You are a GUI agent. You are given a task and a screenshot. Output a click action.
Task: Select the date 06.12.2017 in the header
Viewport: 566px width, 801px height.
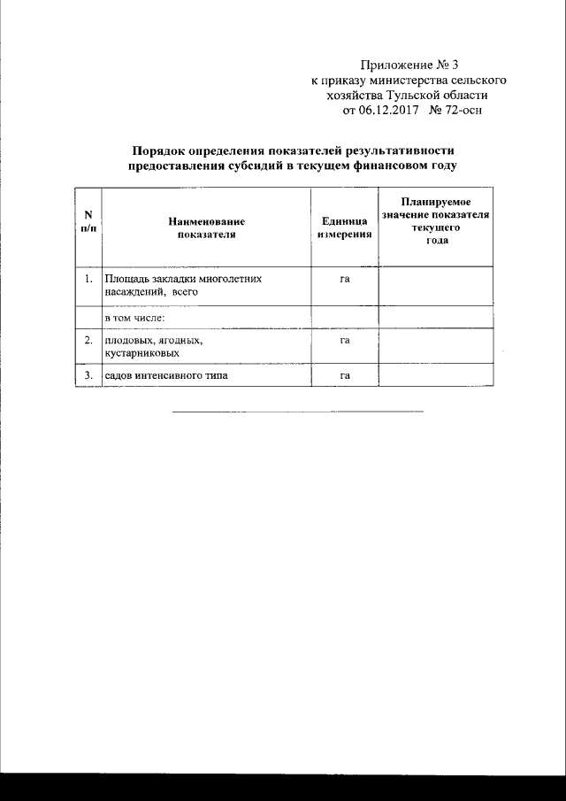point(386,111)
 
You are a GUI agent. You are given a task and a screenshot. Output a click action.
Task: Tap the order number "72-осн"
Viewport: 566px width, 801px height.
point(462,111)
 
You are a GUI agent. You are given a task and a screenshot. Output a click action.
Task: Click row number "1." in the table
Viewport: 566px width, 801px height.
point(88,279)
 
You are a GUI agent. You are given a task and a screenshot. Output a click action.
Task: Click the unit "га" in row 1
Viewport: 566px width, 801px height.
point(345,279)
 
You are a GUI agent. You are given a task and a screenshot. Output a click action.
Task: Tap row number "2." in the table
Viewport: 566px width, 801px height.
point(88,340)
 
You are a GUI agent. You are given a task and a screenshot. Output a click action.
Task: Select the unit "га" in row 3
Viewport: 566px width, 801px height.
point(345,375)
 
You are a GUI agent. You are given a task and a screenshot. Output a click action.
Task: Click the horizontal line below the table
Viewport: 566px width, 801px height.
point(297,411)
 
